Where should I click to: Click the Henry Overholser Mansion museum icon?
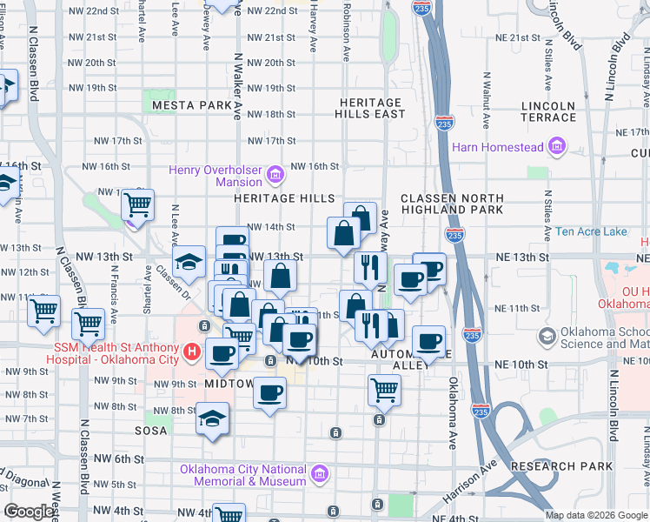[275, 175]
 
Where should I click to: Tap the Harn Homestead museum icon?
[557, 146]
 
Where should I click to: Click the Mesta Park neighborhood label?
[192, 105]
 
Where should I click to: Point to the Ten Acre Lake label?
[591, 231]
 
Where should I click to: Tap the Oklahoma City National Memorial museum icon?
[320, 474]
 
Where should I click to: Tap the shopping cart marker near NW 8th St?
[383, 390]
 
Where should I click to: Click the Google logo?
[29, 512]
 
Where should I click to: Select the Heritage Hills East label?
[373, 108]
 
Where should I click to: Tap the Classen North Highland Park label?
[452, 204]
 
